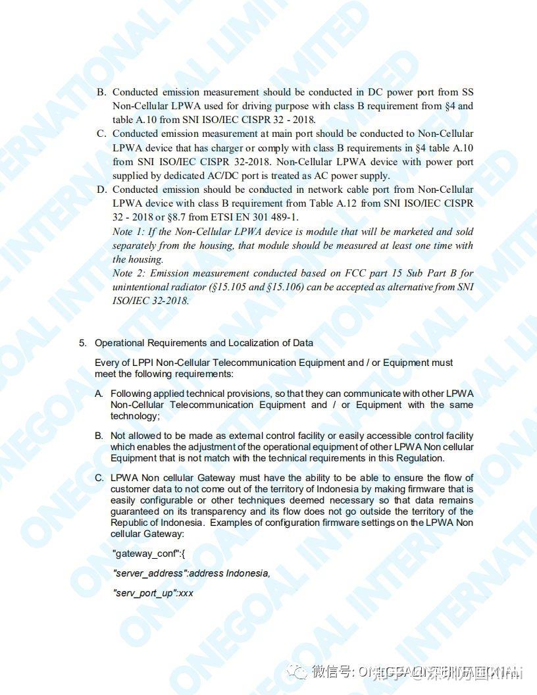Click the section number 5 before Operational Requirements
pyautogui.click(x=82, y=343)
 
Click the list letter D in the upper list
pyautogui.click(x=101, y=190)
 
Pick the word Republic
pyautogui.click(x=130, y=523)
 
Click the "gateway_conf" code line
pyautogui.click(x=149, y=554)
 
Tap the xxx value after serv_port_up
pyautogui.click(x=186, y=593)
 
